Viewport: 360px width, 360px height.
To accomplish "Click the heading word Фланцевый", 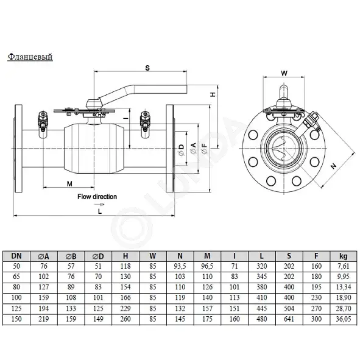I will (x=30, y=57).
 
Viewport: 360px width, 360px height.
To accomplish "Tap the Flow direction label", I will (x=97, y=197).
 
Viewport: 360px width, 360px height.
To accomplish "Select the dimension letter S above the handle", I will (x=146, y=68).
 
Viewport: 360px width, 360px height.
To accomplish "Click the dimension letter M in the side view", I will (x=69, y=183).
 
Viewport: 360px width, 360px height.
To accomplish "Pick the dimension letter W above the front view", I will (x=284, y=72).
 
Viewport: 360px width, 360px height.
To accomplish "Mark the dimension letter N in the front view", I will (x=333, y=165).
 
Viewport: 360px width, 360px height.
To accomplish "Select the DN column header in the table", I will (x=18, y=256).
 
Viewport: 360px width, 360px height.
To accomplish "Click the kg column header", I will (x=343, y=256).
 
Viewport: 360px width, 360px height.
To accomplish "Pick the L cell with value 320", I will (x=261, y=266).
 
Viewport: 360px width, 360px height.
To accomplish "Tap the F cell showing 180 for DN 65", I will (x=316, y=276).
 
